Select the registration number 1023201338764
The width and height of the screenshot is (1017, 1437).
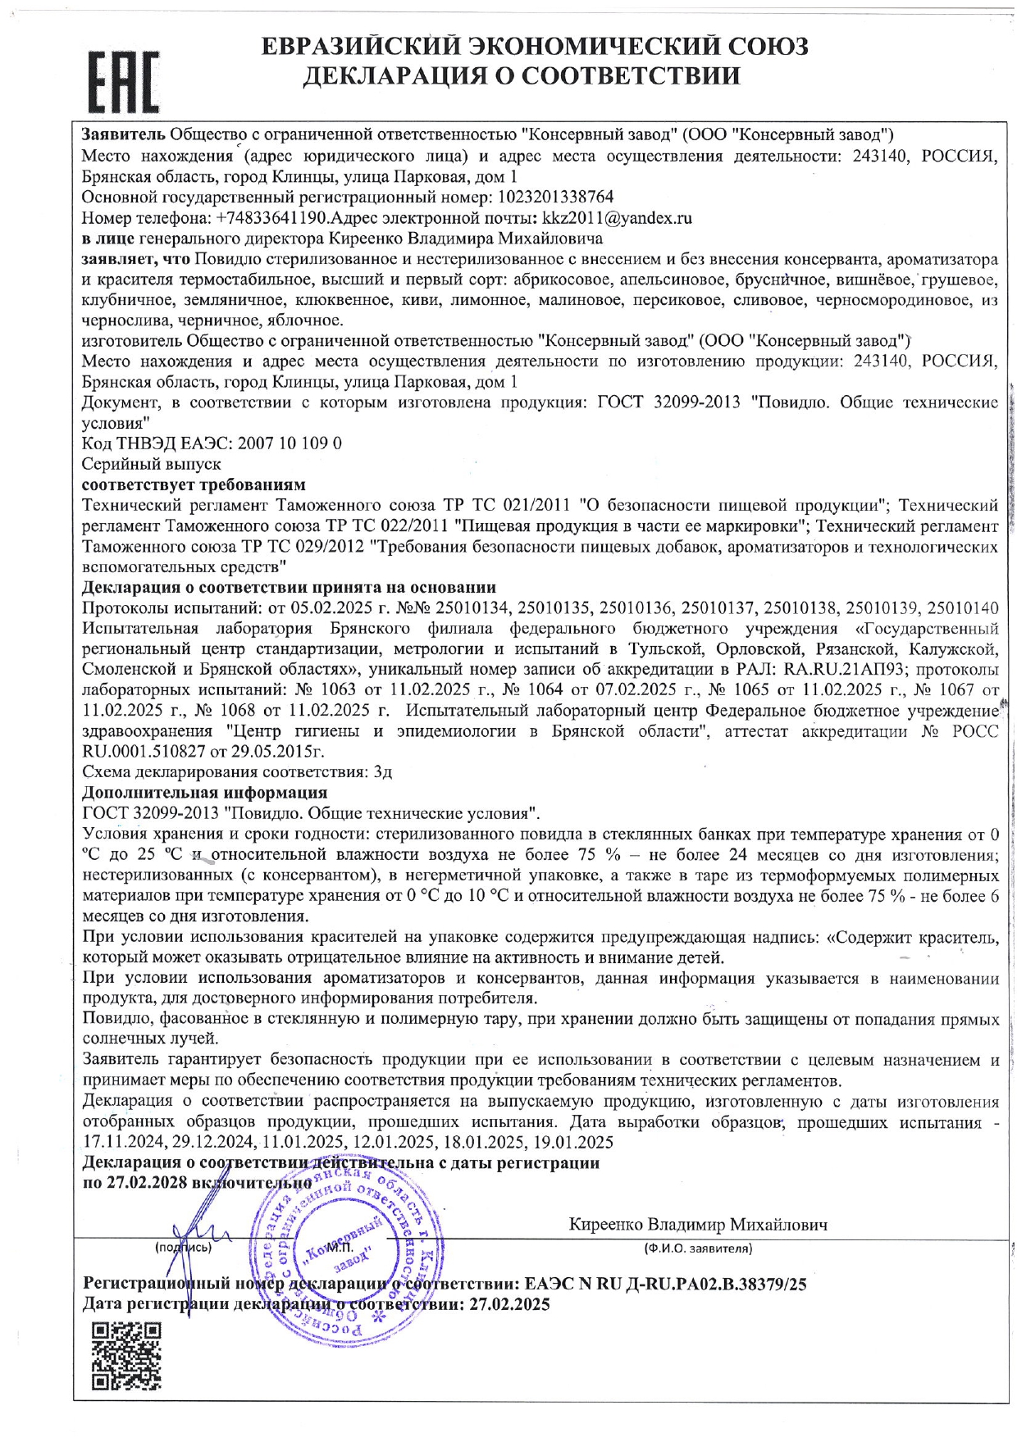tap(554, 198)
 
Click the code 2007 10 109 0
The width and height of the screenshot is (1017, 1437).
tap(290, 443)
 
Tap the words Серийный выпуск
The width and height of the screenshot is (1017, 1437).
tap(152, 464)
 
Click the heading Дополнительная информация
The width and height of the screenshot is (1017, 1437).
tap(205, 793)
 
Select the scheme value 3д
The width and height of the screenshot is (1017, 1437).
tap(382, 772)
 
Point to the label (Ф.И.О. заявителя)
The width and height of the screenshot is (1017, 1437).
tap(697, 1248)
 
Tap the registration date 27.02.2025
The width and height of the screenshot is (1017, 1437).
tap(509, 1304)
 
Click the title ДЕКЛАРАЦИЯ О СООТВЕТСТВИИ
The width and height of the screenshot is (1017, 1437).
tap(522, 76)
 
